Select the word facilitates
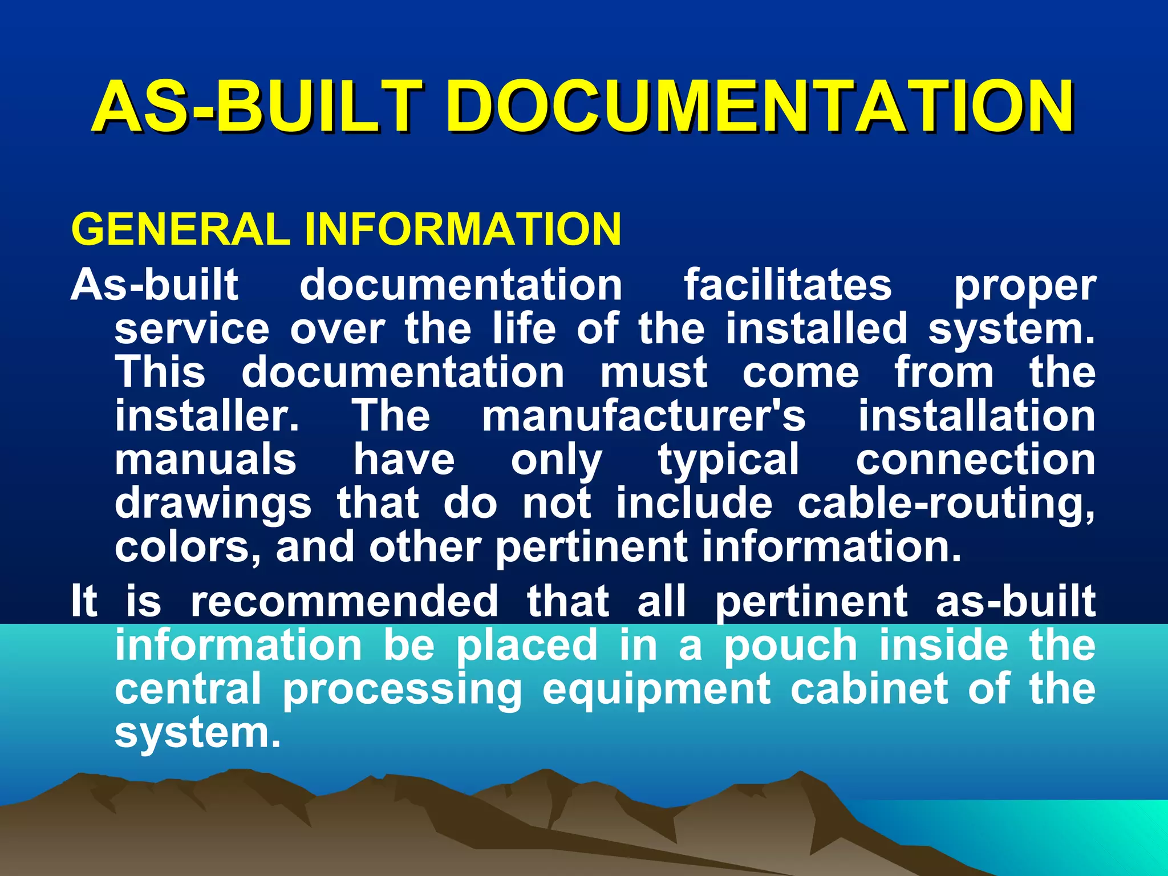788,285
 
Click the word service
192,329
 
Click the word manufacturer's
644,416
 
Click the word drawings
213,504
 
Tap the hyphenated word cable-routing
946,504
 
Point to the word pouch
791,646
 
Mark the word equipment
656,691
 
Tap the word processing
402,691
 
